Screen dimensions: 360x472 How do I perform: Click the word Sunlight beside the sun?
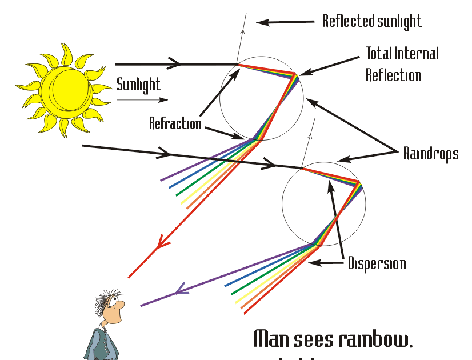138,85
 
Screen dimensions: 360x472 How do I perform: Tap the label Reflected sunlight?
371,21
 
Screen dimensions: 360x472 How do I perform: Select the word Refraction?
175,123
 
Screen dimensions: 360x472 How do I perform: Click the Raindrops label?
431,154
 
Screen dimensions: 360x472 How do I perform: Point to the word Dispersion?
377,263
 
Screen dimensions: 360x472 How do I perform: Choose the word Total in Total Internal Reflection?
379,54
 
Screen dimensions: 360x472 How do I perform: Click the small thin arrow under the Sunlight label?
142,99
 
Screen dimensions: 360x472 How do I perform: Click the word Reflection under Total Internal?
394,75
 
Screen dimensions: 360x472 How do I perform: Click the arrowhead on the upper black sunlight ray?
175,64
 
